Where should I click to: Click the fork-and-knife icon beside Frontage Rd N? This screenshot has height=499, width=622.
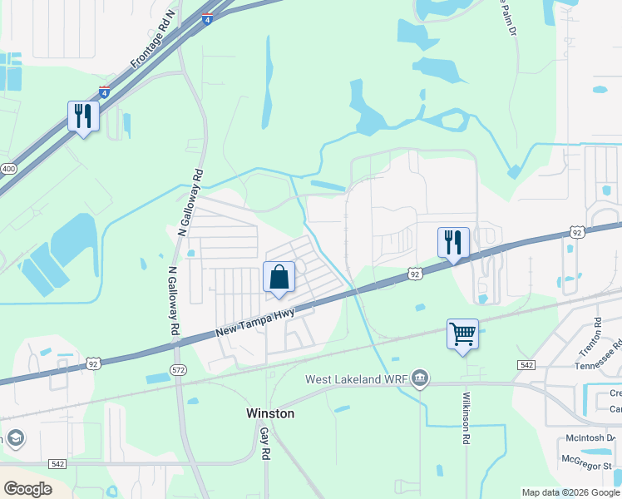83,116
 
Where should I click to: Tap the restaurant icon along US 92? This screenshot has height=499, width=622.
453,243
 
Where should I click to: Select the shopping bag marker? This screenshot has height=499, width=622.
279,277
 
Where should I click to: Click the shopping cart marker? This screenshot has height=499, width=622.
462,334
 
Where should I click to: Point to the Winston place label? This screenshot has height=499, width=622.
270,413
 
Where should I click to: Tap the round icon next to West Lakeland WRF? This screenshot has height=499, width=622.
421,380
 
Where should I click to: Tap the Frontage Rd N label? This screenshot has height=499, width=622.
154,40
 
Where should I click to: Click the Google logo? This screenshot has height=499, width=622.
27,488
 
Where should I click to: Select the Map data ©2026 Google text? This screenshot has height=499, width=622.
570,492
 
